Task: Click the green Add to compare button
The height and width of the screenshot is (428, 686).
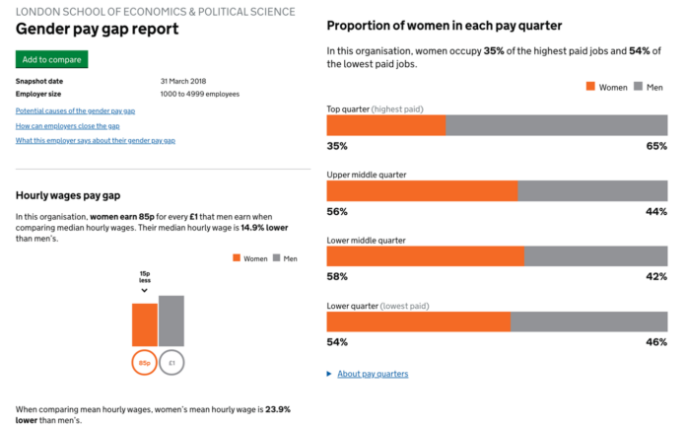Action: tap(51, 60)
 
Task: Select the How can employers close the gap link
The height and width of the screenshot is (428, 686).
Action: tap(68, 126)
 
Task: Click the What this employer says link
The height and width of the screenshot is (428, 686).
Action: tap(96, 141)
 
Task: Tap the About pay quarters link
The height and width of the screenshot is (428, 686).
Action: tap(373, 374)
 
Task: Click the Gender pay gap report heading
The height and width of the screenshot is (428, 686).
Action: tap(98, 30)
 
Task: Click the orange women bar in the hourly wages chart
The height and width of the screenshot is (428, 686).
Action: tap(145, 324)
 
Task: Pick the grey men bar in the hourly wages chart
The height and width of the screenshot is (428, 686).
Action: tap(171, 321)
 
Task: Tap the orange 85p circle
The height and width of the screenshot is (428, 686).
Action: tap(145, 363)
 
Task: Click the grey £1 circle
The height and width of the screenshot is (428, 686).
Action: tap(171, 363)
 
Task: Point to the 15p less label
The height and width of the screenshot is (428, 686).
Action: tap(145, 276)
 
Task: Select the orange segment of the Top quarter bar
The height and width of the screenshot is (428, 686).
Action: tap(385, 125)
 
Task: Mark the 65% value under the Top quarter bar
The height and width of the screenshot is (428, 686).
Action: tap(656, 146)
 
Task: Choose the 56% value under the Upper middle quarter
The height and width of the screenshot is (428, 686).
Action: tap(337, 211)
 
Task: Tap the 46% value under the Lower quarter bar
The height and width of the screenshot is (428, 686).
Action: tap(656, 341)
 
